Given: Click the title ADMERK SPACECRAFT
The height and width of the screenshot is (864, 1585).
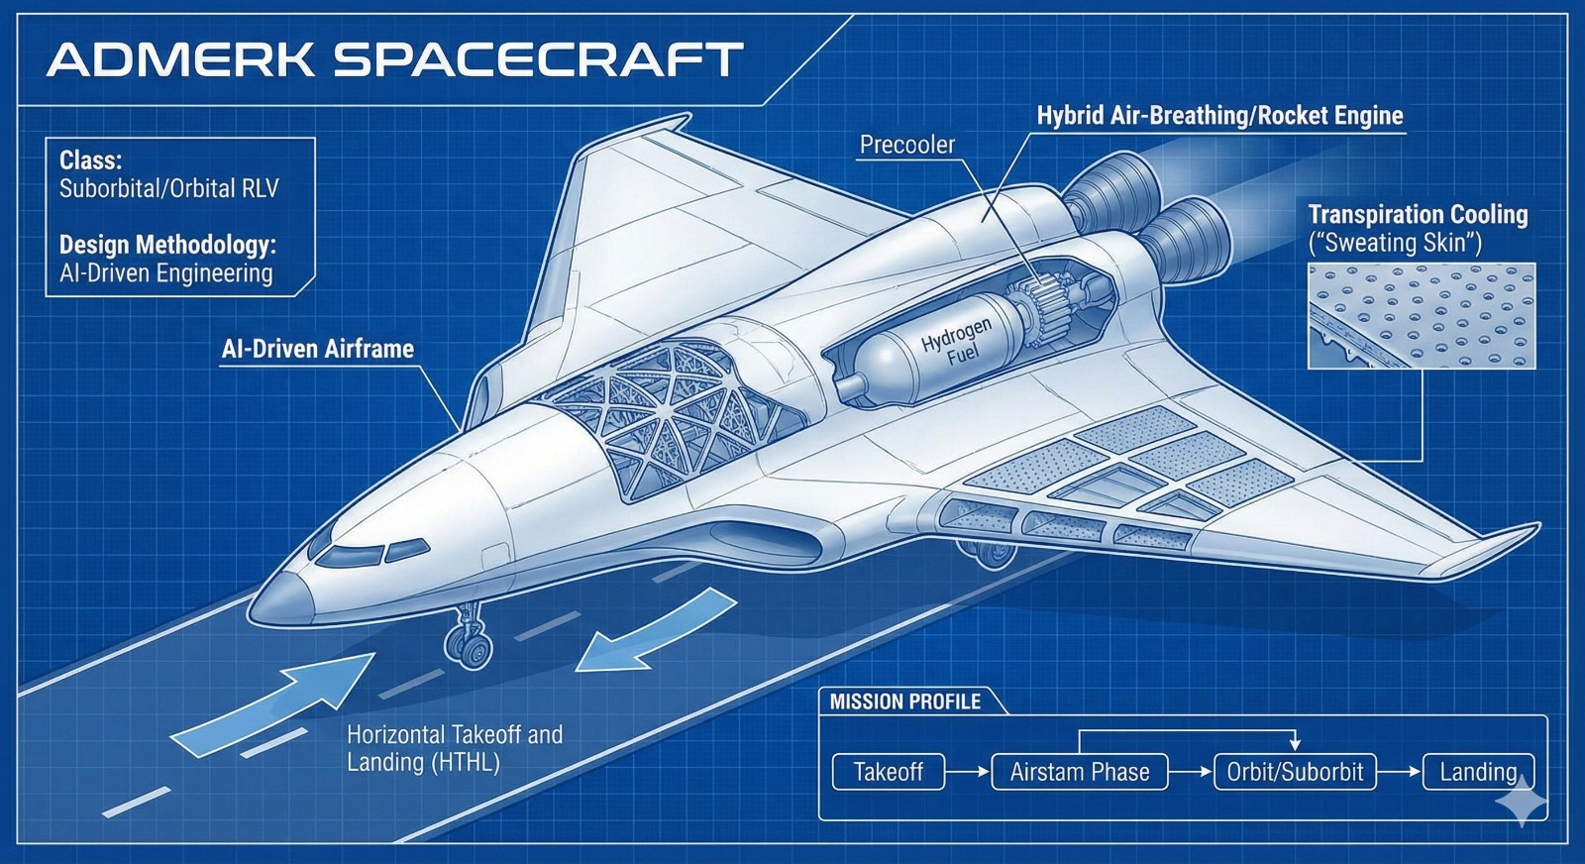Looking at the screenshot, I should click(394, 59).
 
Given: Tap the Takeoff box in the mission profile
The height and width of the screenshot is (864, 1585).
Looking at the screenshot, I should click(888, 772).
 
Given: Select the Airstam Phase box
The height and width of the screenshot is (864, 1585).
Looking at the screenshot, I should click(1080, 772).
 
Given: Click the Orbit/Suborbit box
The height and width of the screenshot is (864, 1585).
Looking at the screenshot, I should click(1295, 772).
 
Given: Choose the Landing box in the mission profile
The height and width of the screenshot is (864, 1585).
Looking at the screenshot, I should click(1477, 772).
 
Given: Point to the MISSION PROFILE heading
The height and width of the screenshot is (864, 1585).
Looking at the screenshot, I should click(904, 702).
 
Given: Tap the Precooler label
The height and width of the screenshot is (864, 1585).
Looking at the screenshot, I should click(906, 145).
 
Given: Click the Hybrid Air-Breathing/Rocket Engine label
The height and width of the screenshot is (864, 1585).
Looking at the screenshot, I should click(1219, 116).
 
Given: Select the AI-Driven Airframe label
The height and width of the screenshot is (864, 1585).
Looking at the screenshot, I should click(317, 349).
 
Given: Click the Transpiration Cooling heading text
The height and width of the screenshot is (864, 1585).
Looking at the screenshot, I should click(1418, 215).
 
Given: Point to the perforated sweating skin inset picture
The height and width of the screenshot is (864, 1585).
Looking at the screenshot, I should click(1421, 315).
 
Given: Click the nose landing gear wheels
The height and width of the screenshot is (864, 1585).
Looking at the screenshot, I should click(469, 647).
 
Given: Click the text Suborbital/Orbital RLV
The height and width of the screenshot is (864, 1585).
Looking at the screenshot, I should click(168, 188).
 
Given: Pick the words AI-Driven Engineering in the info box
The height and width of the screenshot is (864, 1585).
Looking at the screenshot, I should click(165, 273).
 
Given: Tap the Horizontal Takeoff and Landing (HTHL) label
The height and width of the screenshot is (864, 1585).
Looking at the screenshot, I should click(454, 748).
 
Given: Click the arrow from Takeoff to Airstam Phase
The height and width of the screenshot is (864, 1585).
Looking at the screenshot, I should click(968, 772).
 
